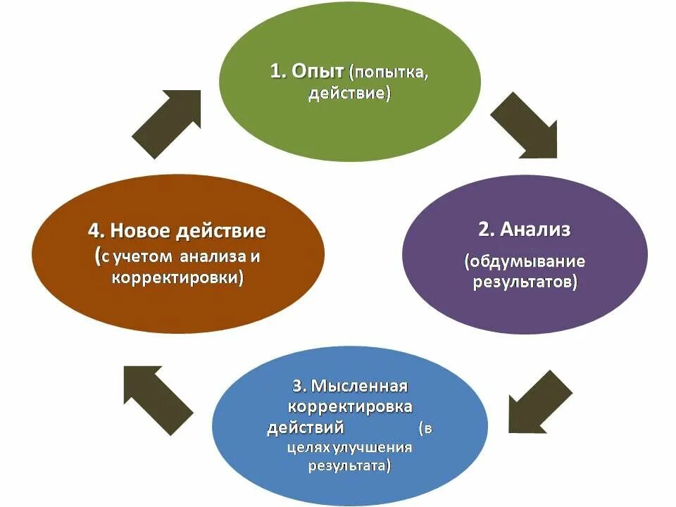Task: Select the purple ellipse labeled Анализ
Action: tap(524, 254)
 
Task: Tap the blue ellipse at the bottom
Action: tap(350, 427)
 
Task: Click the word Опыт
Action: tap(316, 72)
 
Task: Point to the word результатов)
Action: tap(524, 282)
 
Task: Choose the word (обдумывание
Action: tap(524, 261)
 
